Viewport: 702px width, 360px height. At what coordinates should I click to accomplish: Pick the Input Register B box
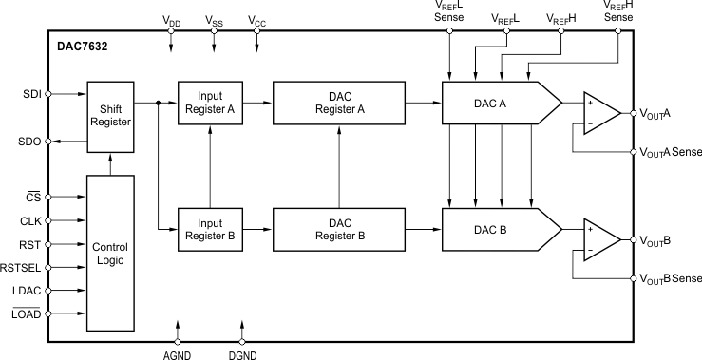tap(210, 228)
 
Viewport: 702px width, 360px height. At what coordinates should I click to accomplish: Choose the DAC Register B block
tap(339, 228)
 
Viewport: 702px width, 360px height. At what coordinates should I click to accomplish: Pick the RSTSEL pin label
tap(21, 268)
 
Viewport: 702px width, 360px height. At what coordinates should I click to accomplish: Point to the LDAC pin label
tap(24, 292)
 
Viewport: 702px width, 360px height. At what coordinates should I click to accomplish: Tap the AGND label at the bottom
tap(178, 351)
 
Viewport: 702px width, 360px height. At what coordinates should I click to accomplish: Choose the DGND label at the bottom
tap(243, 351)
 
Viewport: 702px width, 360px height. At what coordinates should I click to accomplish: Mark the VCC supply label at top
tap(256, 20)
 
